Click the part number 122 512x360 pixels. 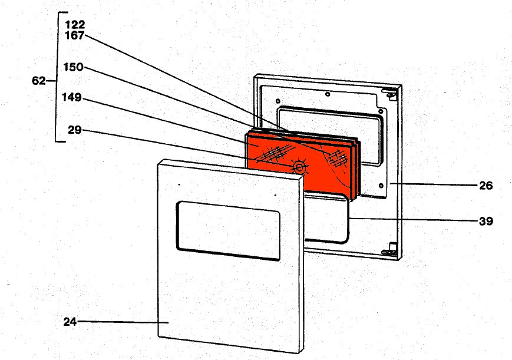(x=75, y=25)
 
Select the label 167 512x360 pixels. (x=75, y=35)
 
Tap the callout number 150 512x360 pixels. (x=73, y=68)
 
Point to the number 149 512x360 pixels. (x=72, y=97)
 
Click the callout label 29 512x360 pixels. (x=74, y=130)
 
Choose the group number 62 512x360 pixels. (x=39, y=81)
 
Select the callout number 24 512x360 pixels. (x=70, y=322)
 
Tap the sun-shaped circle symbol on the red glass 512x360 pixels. (x=300, y=168)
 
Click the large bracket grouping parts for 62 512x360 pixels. (x=58, y=77)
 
